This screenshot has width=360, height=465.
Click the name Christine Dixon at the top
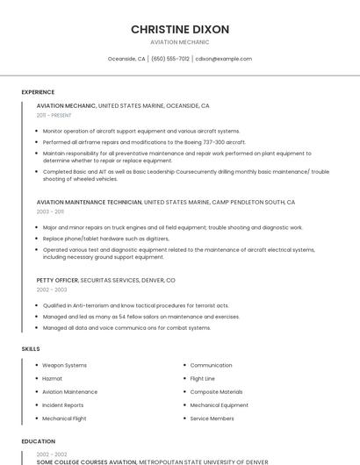click(x=180, y=29)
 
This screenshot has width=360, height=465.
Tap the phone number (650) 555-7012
click(x=170, y=59)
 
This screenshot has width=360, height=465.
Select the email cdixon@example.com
click(x=224, y=59)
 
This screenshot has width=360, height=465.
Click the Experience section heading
click(x=38, y=92)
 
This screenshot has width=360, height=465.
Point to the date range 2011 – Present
click(x=54, y=115)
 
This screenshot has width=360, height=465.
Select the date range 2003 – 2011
click(x=50, y=211)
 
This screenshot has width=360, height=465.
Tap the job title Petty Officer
click(x=57, y=280)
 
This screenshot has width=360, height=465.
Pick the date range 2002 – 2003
click(x=51, y=290)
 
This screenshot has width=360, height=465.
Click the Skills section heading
click(x=31, y=349)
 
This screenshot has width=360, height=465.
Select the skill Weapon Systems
click(x=64, y=365)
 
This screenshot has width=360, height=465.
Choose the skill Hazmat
click(x=52, y=378)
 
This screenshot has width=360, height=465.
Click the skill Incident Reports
click(x=63, y=405)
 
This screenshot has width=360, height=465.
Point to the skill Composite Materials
click(x=216, y=392)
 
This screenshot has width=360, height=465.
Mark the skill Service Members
click(x=212, y=418)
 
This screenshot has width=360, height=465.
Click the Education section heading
click(x=38, y=441)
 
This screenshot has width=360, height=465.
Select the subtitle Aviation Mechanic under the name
click(x=180, y=42)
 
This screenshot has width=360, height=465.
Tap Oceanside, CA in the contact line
click(x=126, y=59)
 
